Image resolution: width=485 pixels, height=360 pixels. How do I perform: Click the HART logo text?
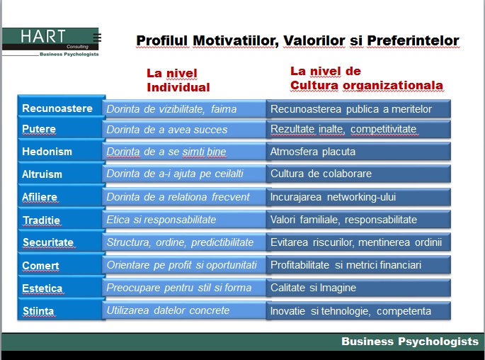(x=43, y=36)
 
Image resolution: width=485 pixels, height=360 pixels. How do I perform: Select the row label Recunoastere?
(x=57, y=108)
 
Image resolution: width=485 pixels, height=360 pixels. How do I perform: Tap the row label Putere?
(x=39, y=129)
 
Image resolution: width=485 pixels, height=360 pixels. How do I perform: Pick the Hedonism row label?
(x=47, y=152)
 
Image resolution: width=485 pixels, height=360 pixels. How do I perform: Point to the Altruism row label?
(x=42, y=174)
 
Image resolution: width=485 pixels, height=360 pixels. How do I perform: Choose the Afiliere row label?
(x=40, y=197)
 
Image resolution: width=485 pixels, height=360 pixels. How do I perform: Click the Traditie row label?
(x=42, y=220)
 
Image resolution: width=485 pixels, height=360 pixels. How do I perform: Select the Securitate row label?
(x=48, y=242)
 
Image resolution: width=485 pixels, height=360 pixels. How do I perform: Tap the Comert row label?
(x=40, y=266)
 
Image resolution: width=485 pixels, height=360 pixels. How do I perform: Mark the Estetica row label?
(x=42, y=288)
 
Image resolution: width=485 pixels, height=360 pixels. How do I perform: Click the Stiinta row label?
(x=38, y=311)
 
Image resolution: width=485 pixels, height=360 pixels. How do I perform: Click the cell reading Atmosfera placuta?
(x=313, y=152)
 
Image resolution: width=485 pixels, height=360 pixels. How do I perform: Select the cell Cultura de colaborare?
(x=321, y=174)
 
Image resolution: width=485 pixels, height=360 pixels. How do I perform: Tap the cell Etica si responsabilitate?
(x=161, y=220)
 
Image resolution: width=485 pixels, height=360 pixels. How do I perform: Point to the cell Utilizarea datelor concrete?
(x=168, y=310)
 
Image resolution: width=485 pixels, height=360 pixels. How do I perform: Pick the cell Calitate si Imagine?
(x=314, y=288)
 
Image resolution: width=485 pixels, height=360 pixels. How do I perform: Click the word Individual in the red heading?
(x=178, y=87)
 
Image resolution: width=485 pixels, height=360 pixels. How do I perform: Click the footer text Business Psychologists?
(x=410, y=341)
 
